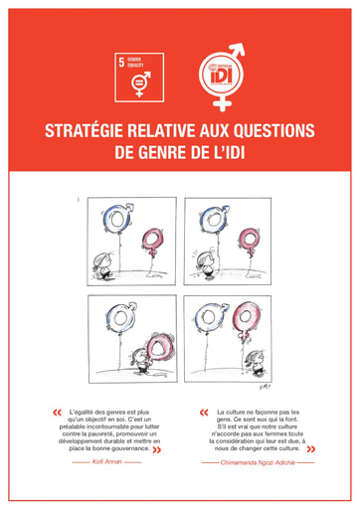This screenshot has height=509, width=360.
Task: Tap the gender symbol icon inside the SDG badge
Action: [141, 83]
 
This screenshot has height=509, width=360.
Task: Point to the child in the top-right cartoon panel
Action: [206, 264]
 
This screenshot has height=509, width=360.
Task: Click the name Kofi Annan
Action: [106, 462]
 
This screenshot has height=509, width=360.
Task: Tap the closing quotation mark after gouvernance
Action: [156, 449]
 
